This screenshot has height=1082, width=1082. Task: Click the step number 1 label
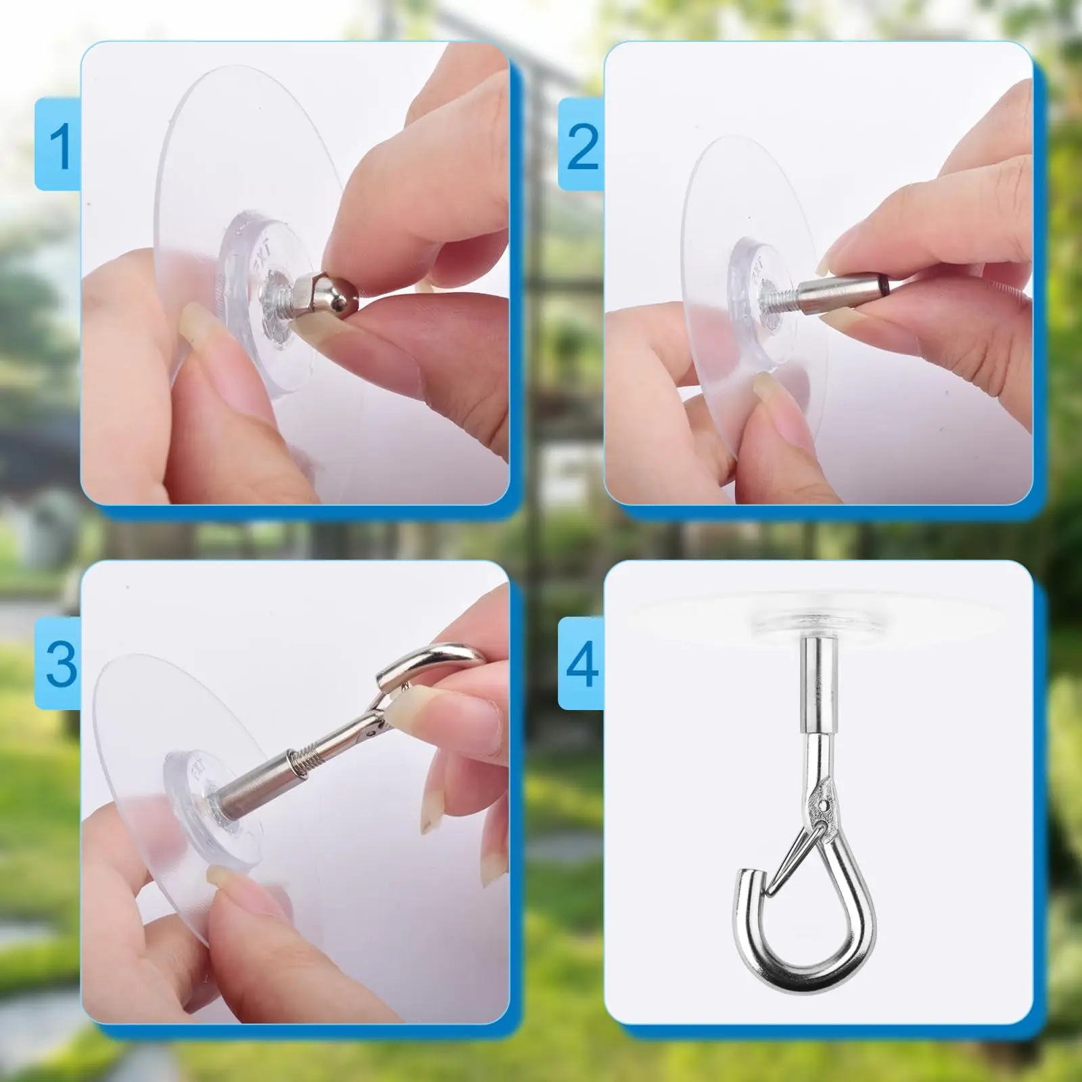point(60,145)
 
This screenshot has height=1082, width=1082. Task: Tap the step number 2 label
point(582,145)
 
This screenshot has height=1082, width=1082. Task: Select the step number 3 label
point(60,664)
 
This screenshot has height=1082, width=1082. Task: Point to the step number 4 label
point(582,664)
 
